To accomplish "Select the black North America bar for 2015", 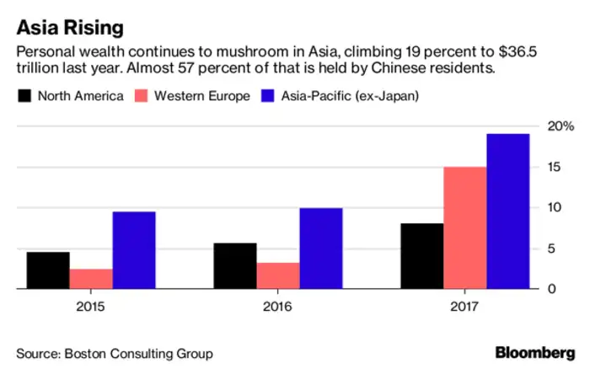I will tap(48, 270).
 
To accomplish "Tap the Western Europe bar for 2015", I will tap(91, 279).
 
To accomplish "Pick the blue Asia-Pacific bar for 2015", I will tap(134, 250).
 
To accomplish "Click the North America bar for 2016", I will tap(235, 265).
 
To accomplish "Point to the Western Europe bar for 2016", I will tap(278, 275).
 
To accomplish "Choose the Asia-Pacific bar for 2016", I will tap(321, 249).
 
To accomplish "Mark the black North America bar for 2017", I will tap(422, 256).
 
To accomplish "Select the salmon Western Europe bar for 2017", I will tap(465, 227).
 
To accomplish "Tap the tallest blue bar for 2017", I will tap(508, 211).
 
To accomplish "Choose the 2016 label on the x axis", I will tap(278, 307).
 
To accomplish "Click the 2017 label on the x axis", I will tap(465, 307).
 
